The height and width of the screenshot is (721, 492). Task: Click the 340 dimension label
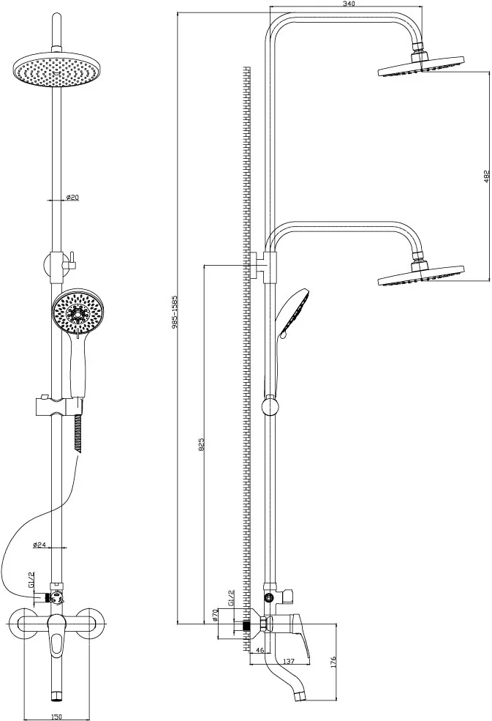click(349, 3)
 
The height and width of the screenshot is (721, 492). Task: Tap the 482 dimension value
click(488, 176)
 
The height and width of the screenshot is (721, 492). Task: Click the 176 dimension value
click(333, 663)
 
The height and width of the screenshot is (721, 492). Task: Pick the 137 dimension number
click(289, 661)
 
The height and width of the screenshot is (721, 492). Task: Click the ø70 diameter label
click(214, 616)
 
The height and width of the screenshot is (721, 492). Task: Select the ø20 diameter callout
click(73, 197)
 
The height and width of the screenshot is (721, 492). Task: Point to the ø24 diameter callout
click(39, 545)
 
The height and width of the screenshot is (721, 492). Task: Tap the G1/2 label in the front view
click(31, 580)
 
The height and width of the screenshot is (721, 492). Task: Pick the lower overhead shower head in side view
click(421, 276)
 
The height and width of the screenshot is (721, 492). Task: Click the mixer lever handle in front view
click(58, 635)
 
